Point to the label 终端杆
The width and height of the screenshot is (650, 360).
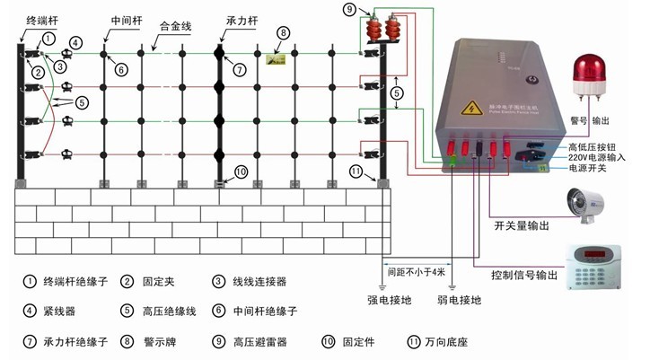pyautogui.click(x=41, y=18)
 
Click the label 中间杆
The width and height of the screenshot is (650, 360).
pyautogui.click(x=126, y=18)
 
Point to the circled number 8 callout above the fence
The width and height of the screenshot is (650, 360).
pyautogui.click(x=283, y=33)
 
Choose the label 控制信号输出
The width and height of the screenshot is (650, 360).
pyautogui.click(x=524, y=273)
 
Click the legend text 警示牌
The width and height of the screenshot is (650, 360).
pyautogui.click(x=156, y=342)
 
